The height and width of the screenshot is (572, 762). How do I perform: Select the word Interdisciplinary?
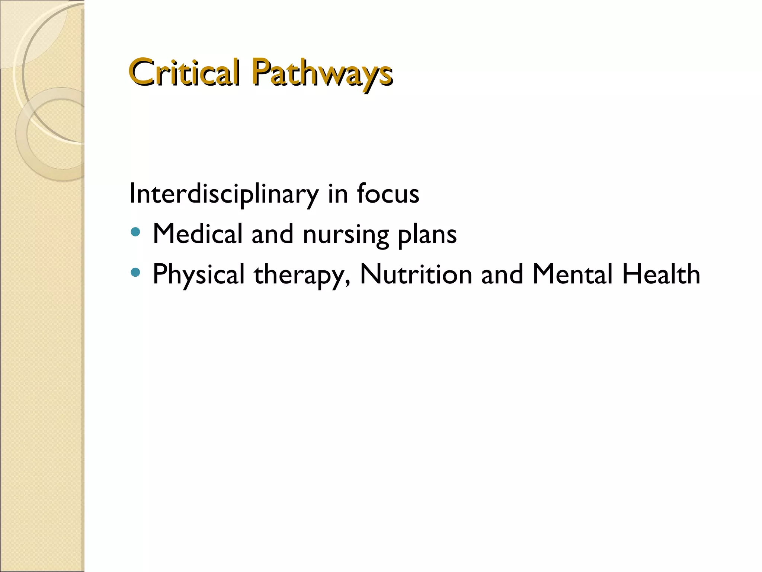(x=224, y=194)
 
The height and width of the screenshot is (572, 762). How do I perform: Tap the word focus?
(x=388, y=194)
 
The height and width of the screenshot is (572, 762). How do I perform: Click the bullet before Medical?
(x=136, y=233)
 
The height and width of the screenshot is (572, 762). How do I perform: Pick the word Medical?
(x=197, y=234)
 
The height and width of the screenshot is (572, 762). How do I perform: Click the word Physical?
(x=198, y=274)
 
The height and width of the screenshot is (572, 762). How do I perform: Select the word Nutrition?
(x=416, y=274)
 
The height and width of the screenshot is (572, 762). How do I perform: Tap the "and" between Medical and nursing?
(x=272, y=234)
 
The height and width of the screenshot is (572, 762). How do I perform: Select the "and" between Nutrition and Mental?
(x=502, y=274)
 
